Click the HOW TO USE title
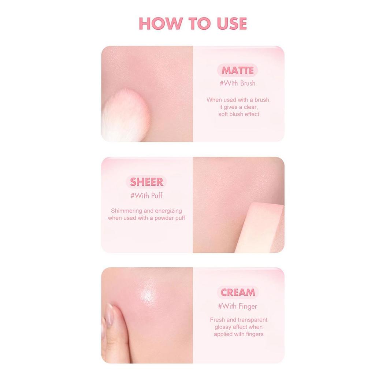193,24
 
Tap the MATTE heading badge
237,70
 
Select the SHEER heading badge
146,182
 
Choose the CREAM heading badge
238,292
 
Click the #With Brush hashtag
237,83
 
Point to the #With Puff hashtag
146,195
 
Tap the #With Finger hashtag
238,306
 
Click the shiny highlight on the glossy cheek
148,293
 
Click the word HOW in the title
160,24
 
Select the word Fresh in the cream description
218,320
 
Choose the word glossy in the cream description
223,327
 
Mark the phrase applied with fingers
239,334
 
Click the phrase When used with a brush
238,100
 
